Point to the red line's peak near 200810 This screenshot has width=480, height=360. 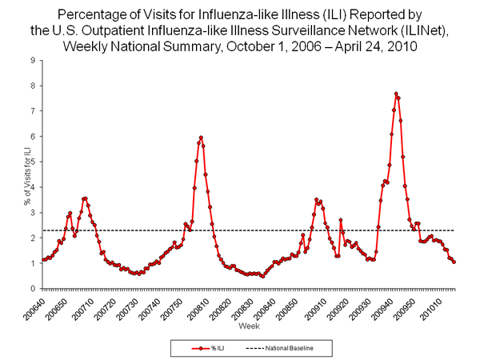201,138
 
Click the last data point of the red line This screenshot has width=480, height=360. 454,262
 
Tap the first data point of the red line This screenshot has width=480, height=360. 42,260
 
